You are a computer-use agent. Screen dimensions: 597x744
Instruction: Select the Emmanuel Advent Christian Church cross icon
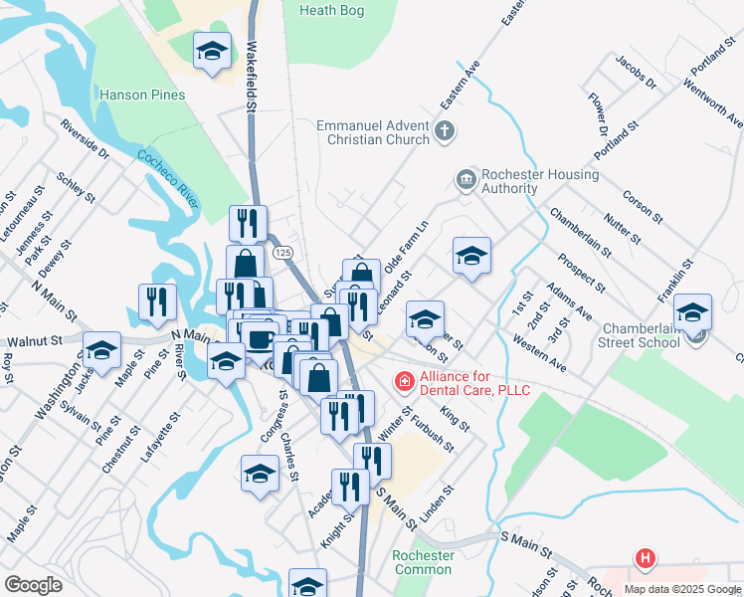tap(444, 129)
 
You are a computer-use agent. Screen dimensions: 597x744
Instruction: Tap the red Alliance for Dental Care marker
tap(404, 380)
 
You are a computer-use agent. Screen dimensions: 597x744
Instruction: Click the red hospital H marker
tap(646, 559)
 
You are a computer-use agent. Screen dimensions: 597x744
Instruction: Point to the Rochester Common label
tap(424, 562)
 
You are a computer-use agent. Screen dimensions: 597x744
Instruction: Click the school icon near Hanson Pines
tap(212, 53)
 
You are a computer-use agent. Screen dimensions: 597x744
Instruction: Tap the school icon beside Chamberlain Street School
tap(692, 314)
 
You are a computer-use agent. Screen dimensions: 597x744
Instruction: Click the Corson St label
tap(643, 203)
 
